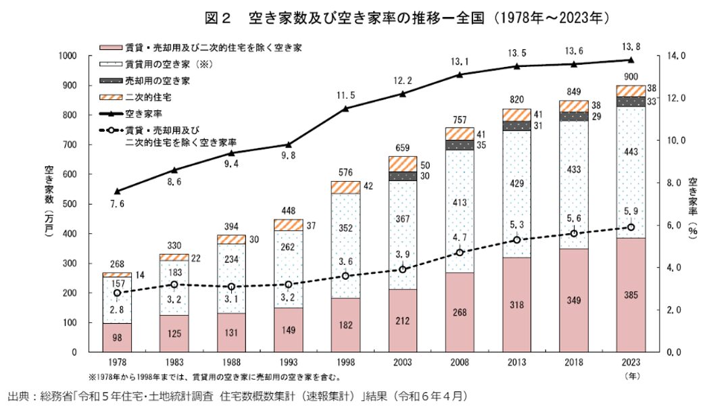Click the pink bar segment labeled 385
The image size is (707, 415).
click(x=631, y=295)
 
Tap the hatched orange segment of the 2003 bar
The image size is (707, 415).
click(x=403, y=164)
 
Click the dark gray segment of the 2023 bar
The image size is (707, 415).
click(x=631, y=101)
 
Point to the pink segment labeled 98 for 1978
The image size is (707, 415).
click(x=117, y=337)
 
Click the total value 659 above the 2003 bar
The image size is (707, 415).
click(x=403, y=148)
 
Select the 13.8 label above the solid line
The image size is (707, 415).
click(x=631, y=47)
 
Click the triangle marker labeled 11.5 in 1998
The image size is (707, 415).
click(x=345, y=108)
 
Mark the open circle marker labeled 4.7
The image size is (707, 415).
click(x=460, y=253)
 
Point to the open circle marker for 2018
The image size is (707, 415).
click(x=574, y=233)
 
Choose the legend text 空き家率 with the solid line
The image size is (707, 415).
click(x=143, y=114)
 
